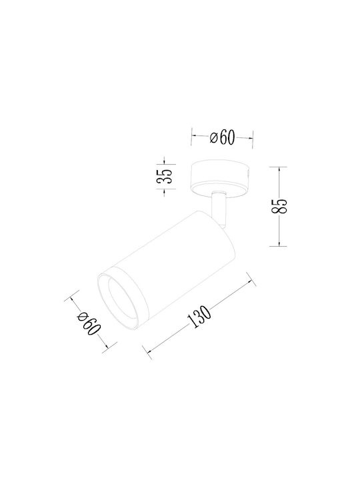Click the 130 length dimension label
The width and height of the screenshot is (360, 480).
tap(199, 317)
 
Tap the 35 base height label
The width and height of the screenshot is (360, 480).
tap(165, 176)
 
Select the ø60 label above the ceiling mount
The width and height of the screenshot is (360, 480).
tap(222, 137)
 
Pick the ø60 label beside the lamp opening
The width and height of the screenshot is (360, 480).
tap(89, 324)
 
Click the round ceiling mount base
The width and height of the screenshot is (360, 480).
tap(221, 177)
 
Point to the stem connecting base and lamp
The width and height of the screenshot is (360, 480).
tap(220, 210)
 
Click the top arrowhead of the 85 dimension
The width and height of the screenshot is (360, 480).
tap(279, 169)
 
